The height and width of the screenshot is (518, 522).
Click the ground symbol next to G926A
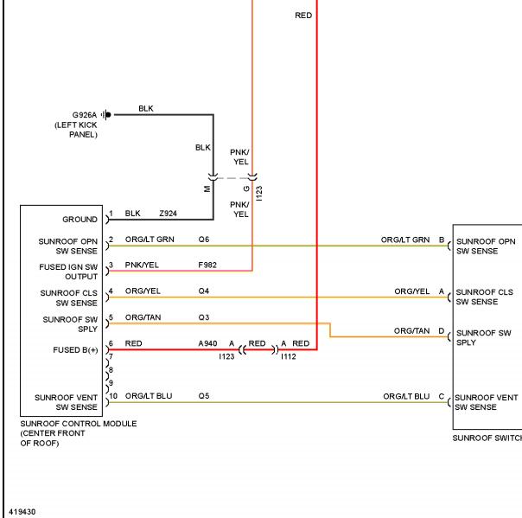(x=106, y=115)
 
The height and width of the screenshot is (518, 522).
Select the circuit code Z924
(x=169, y=214)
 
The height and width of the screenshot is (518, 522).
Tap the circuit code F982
(x=207, y=265)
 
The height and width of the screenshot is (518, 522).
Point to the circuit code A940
(x=207, y=343)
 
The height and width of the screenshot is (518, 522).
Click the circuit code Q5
(x=204, y=396)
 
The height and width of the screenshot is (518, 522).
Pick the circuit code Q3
(x=204, y=317)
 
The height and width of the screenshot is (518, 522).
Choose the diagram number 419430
(x=22, y=512)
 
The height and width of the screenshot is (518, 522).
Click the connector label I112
(x=289, y=357)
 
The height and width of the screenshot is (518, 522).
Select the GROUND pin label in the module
(x=80, y=219)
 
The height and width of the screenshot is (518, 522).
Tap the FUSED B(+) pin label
(x=75, y=349)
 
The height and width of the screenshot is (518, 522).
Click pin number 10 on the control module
(x=113, y=396)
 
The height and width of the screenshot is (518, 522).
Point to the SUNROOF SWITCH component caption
(x=487, y=438)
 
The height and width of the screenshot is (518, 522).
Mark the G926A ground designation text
(x=85, y=115)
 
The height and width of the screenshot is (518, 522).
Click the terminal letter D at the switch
(x=442, y=331)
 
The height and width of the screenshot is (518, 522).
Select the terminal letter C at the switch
(x=442, y=396)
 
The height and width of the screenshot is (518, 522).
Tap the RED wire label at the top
(x=303, y=16)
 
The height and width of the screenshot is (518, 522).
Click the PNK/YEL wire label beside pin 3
(x=142, y=265)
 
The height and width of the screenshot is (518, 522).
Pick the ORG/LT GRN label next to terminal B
(x=405, y=240)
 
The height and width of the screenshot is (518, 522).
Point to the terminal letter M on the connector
(x=207, y=189)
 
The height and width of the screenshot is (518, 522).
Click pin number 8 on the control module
(x=111, y=370)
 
